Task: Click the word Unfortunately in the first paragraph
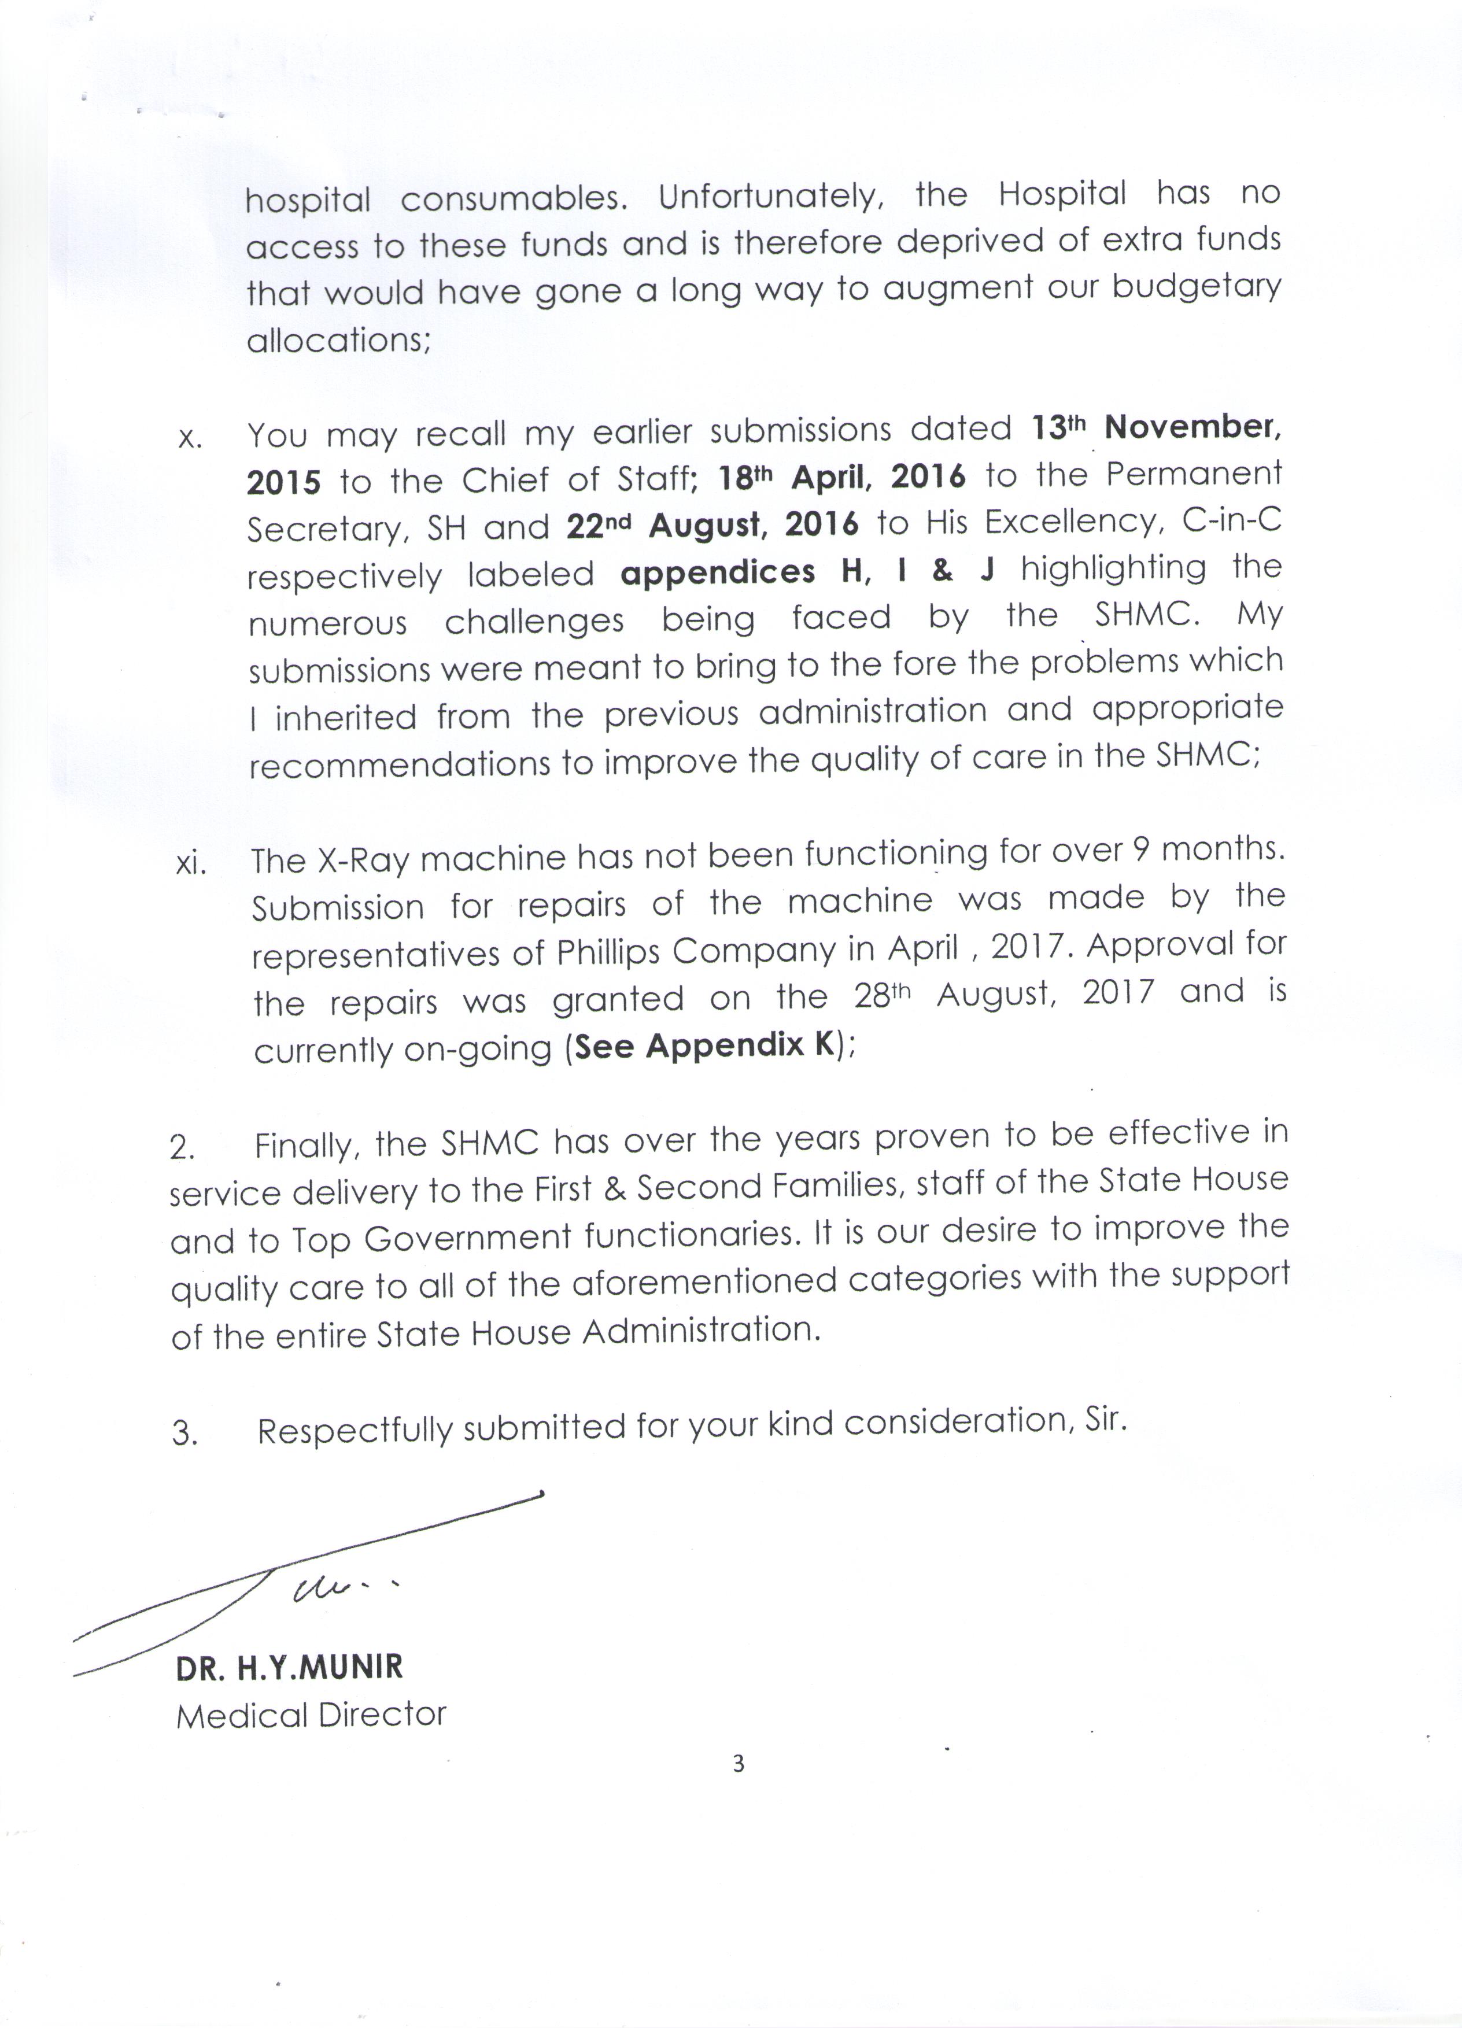click(x=771, y=197)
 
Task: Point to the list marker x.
click(x=190, y=439)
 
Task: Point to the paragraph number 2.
click(x=182, y=1147)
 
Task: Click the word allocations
click(x=338, y=340)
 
